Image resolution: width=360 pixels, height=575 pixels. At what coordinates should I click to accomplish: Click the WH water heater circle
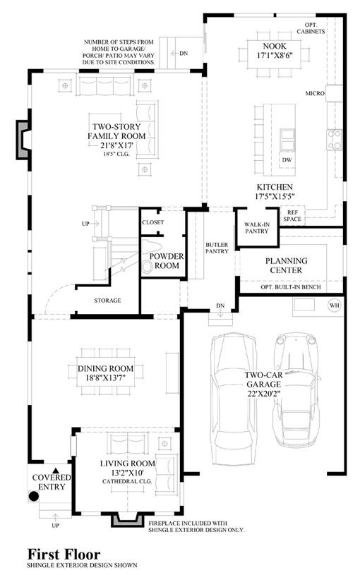[x=335, y=305]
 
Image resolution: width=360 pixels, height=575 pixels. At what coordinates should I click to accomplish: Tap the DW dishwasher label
[x=287, y=160]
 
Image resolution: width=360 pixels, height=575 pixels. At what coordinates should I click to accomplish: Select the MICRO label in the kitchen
[x=315, y=94]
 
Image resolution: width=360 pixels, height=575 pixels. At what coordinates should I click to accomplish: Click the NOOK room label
[x=275, y=46]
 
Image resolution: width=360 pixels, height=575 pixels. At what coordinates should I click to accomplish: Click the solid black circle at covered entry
[x=34, y=497]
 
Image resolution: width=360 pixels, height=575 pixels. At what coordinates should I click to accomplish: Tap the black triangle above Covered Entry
[x=56, y=471]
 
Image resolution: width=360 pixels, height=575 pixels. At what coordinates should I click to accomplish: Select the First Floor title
[x=64, y=554]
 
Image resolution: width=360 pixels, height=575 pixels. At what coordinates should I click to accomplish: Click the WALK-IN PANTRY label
[x=256, y=228]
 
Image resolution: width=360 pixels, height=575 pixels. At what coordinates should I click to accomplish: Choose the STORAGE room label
[x=107, y=301]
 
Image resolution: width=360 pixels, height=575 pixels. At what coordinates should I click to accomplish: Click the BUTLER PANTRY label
[x=217, y=248]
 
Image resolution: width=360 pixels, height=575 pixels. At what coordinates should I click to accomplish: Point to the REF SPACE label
[x=292, y=216]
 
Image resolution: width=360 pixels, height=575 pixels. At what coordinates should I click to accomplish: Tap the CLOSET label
[x=153, y=222]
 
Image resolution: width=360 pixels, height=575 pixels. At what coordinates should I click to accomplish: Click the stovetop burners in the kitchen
[x=335, y=140]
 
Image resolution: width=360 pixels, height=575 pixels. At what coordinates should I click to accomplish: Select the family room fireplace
[x=23, y=140]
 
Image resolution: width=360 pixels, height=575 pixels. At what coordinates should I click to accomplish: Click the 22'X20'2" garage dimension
[x=264, y=394]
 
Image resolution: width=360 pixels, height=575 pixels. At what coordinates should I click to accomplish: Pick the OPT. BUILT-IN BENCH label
[x=291, y=286]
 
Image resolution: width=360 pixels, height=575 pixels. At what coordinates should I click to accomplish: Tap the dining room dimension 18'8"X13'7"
[x=106, y=378]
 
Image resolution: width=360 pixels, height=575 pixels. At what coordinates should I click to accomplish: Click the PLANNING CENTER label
[x=287, y=265]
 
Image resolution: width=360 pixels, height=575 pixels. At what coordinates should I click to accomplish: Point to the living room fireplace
[x=127, y=520]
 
